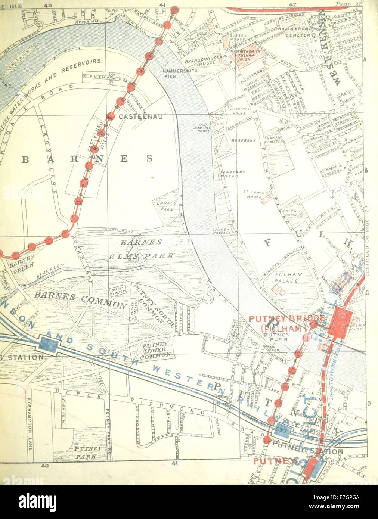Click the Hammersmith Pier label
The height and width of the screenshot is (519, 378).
174,73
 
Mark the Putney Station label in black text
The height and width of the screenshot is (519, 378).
307,451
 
